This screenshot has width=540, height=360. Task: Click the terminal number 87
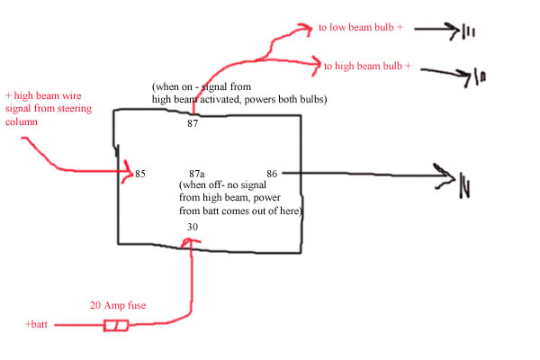(x=193, y=123)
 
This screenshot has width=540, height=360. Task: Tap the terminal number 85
(x=140, y=174)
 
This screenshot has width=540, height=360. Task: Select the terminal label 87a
(x=196, y=174)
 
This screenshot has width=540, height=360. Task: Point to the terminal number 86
(x=272, y=174)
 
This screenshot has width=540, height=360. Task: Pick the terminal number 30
(x=193, y=227)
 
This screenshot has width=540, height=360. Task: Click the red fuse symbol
(x=116, y=326)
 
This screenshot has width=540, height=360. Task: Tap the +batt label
(x=36, y=324)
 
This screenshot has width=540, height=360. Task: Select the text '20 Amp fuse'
(x=118, y=305)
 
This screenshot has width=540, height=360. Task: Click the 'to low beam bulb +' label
(x=361, y=27)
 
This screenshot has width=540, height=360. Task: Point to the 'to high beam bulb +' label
(x=367, y=66)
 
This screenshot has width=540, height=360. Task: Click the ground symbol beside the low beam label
(x=468, y=32)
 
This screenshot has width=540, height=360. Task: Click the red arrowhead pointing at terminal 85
(x=128, y=172)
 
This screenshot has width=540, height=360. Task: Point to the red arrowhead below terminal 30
(x=190, y=242)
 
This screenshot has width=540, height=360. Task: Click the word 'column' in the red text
(x=22, y=121)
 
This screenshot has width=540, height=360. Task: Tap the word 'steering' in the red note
(x=75, y=109)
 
